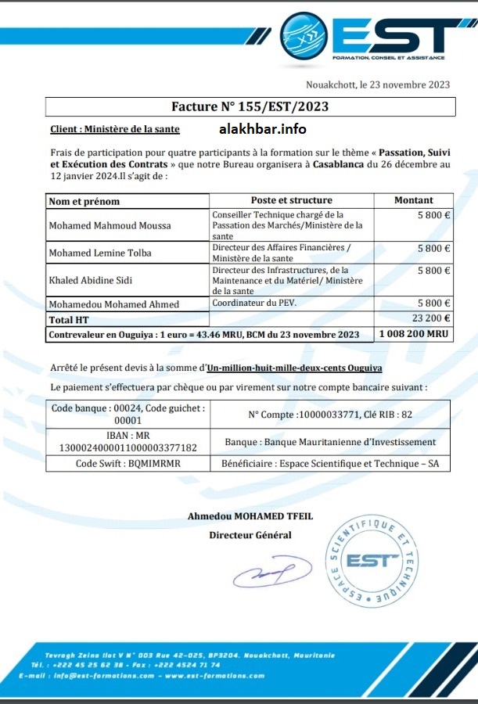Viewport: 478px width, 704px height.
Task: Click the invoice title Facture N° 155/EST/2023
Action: [x=250, y=106]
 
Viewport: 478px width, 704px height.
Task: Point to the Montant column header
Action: [x=414, y=200]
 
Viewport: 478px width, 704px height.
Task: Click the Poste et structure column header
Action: [x=291, y=200]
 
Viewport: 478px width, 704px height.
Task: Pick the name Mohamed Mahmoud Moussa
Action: [x=110, y=225]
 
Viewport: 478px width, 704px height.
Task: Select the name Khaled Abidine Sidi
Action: [x=92, y=279]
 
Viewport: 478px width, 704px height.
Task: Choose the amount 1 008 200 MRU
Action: [x=415, y=334]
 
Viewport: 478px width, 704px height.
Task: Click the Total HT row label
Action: [x=70, y=319]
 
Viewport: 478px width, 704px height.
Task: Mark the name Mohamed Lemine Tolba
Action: [x=100, y=253]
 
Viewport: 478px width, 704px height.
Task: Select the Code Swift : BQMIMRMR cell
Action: [x=127, y=463]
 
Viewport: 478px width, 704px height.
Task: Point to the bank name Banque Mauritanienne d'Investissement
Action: [x=330, y=442]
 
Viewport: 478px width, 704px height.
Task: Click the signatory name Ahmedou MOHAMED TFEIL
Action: [x=250, y=515]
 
